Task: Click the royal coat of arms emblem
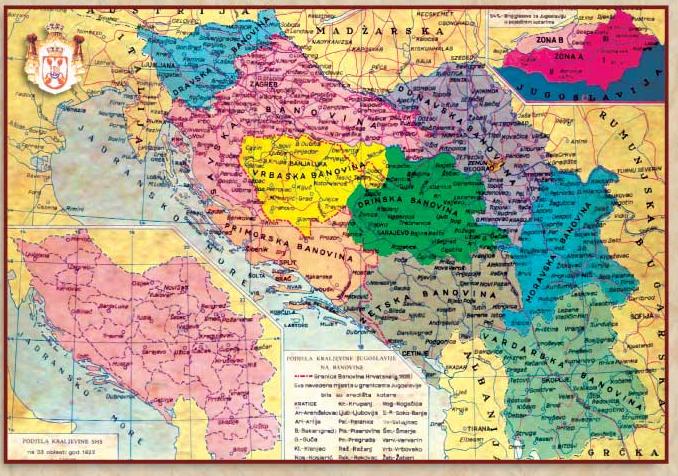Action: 43,56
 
